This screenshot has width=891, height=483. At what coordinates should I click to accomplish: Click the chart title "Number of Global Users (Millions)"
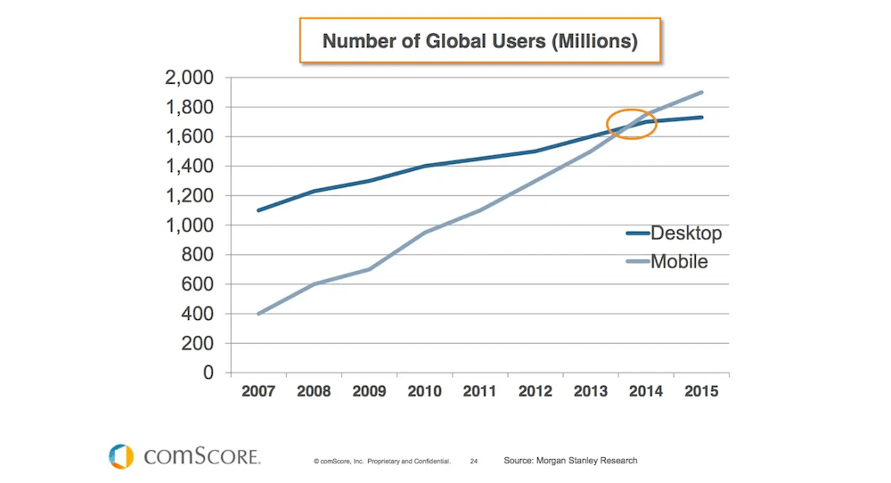point(479,40)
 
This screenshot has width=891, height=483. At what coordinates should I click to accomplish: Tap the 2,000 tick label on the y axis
point(189,78)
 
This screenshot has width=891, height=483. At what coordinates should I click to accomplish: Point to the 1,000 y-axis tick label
point(189,225)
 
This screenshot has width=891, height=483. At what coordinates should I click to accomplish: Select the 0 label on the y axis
point(208,372)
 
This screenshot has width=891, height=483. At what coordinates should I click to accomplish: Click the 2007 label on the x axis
point(257,392)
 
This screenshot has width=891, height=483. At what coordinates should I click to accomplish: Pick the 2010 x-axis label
point(425,392)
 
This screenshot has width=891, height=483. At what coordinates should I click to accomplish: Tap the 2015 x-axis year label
point(702,392)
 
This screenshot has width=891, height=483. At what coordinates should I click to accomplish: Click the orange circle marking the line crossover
point(632,124)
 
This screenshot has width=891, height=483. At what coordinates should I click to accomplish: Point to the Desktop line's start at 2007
point(257,210)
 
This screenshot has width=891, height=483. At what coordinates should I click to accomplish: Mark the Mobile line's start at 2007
point(257,314)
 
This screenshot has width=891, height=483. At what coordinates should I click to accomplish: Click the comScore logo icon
point(121,456)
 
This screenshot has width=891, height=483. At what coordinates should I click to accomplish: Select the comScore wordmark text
point(202,457)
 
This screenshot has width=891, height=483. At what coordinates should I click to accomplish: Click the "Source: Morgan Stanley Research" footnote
point(570,461)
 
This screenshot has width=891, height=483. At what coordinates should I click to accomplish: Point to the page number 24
point(474,462)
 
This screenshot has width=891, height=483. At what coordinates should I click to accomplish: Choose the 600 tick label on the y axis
point(196,284)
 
